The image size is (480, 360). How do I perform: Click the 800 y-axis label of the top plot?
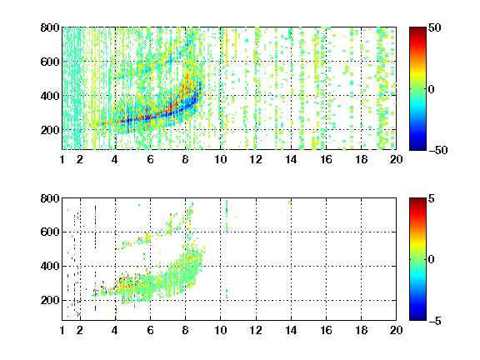50,27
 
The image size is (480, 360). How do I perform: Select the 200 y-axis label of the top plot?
50,130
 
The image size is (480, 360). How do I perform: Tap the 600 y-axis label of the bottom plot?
50,232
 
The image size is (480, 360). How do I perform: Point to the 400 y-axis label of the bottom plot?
50,266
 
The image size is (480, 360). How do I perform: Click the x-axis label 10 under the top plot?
220,159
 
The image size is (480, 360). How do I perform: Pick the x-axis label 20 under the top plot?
396,159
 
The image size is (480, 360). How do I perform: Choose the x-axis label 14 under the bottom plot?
291,330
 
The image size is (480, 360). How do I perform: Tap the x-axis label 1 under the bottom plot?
62,330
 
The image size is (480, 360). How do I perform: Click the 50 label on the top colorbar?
434,27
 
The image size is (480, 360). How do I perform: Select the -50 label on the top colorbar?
437,150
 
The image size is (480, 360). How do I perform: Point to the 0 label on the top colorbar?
431,89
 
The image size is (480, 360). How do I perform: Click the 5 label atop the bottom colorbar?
431,198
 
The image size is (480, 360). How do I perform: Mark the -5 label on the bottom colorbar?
435,321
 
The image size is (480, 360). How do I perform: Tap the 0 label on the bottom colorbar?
431,260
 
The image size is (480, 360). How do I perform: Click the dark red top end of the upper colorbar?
417,30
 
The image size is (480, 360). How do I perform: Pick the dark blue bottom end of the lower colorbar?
417,317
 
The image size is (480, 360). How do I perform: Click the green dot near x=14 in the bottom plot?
290,202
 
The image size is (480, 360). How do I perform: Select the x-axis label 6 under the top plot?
150,159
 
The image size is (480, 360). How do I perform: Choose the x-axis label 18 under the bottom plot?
361,330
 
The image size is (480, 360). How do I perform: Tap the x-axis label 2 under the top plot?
80,159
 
